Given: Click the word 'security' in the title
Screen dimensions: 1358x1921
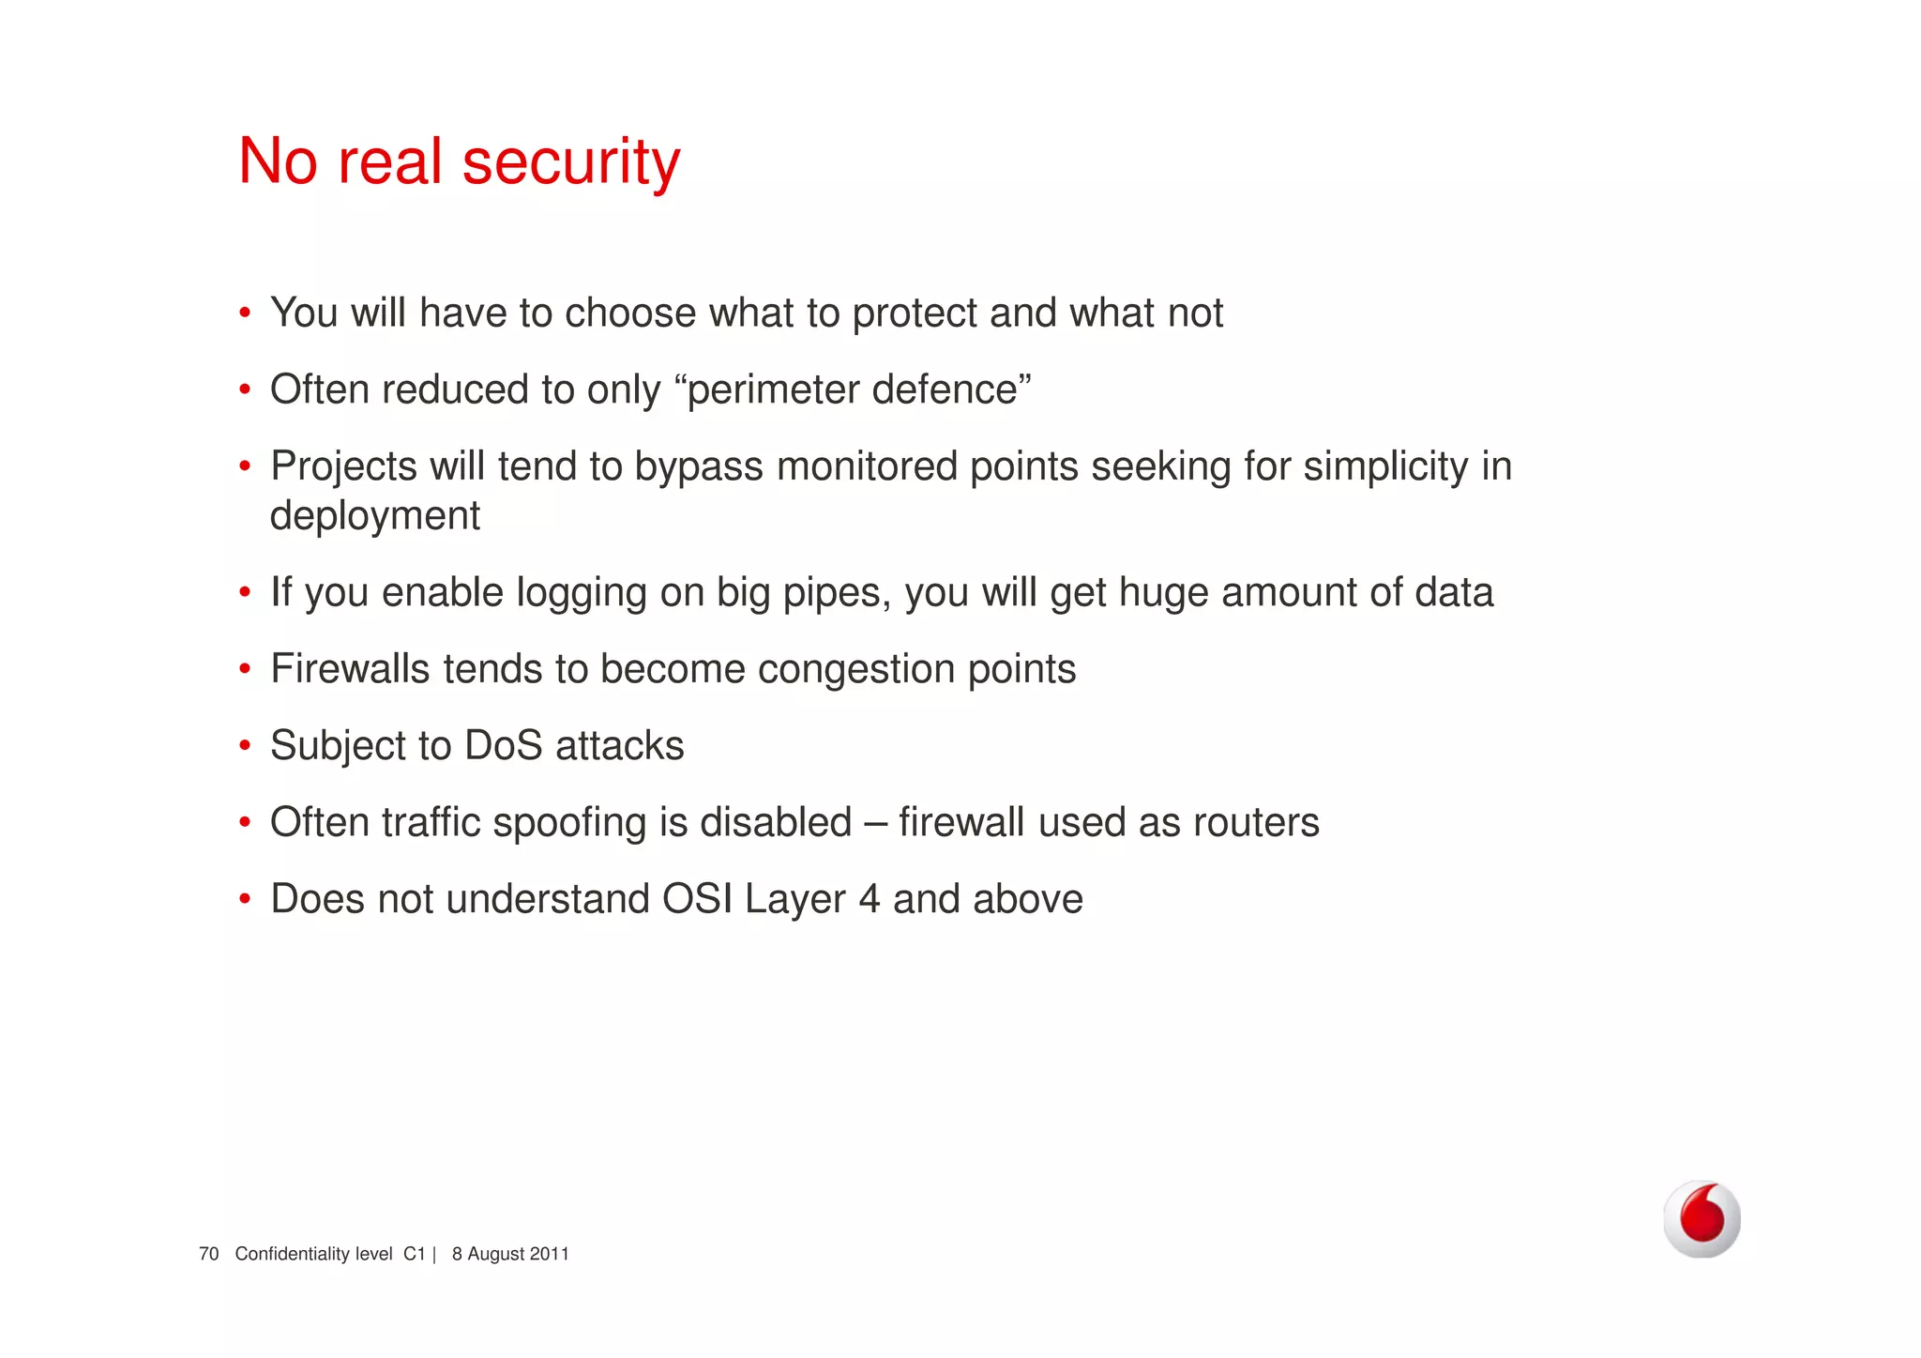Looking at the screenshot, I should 571,161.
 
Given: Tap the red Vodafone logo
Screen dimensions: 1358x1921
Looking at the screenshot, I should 1702,1218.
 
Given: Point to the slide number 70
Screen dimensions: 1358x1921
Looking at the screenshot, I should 208,1254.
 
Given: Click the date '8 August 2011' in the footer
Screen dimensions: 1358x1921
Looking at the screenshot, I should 510,1254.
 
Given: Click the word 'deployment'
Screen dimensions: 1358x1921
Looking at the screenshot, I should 375,516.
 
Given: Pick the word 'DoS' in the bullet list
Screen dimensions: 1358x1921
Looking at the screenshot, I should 504,746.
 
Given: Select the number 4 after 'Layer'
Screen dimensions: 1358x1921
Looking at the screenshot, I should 870,899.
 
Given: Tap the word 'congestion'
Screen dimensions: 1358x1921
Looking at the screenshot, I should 855,670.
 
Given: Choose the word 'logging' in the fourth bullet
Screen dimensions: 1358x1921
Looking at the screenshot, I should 582,593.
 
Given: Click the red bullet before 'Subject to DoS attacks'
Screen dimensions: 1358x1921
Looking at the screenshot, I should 245,746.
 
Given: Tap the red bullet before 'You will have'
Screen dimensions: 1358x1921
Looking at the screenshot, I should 245,313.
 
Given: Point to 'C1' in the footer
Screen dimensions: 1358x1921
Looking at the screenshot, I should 415,1254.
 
